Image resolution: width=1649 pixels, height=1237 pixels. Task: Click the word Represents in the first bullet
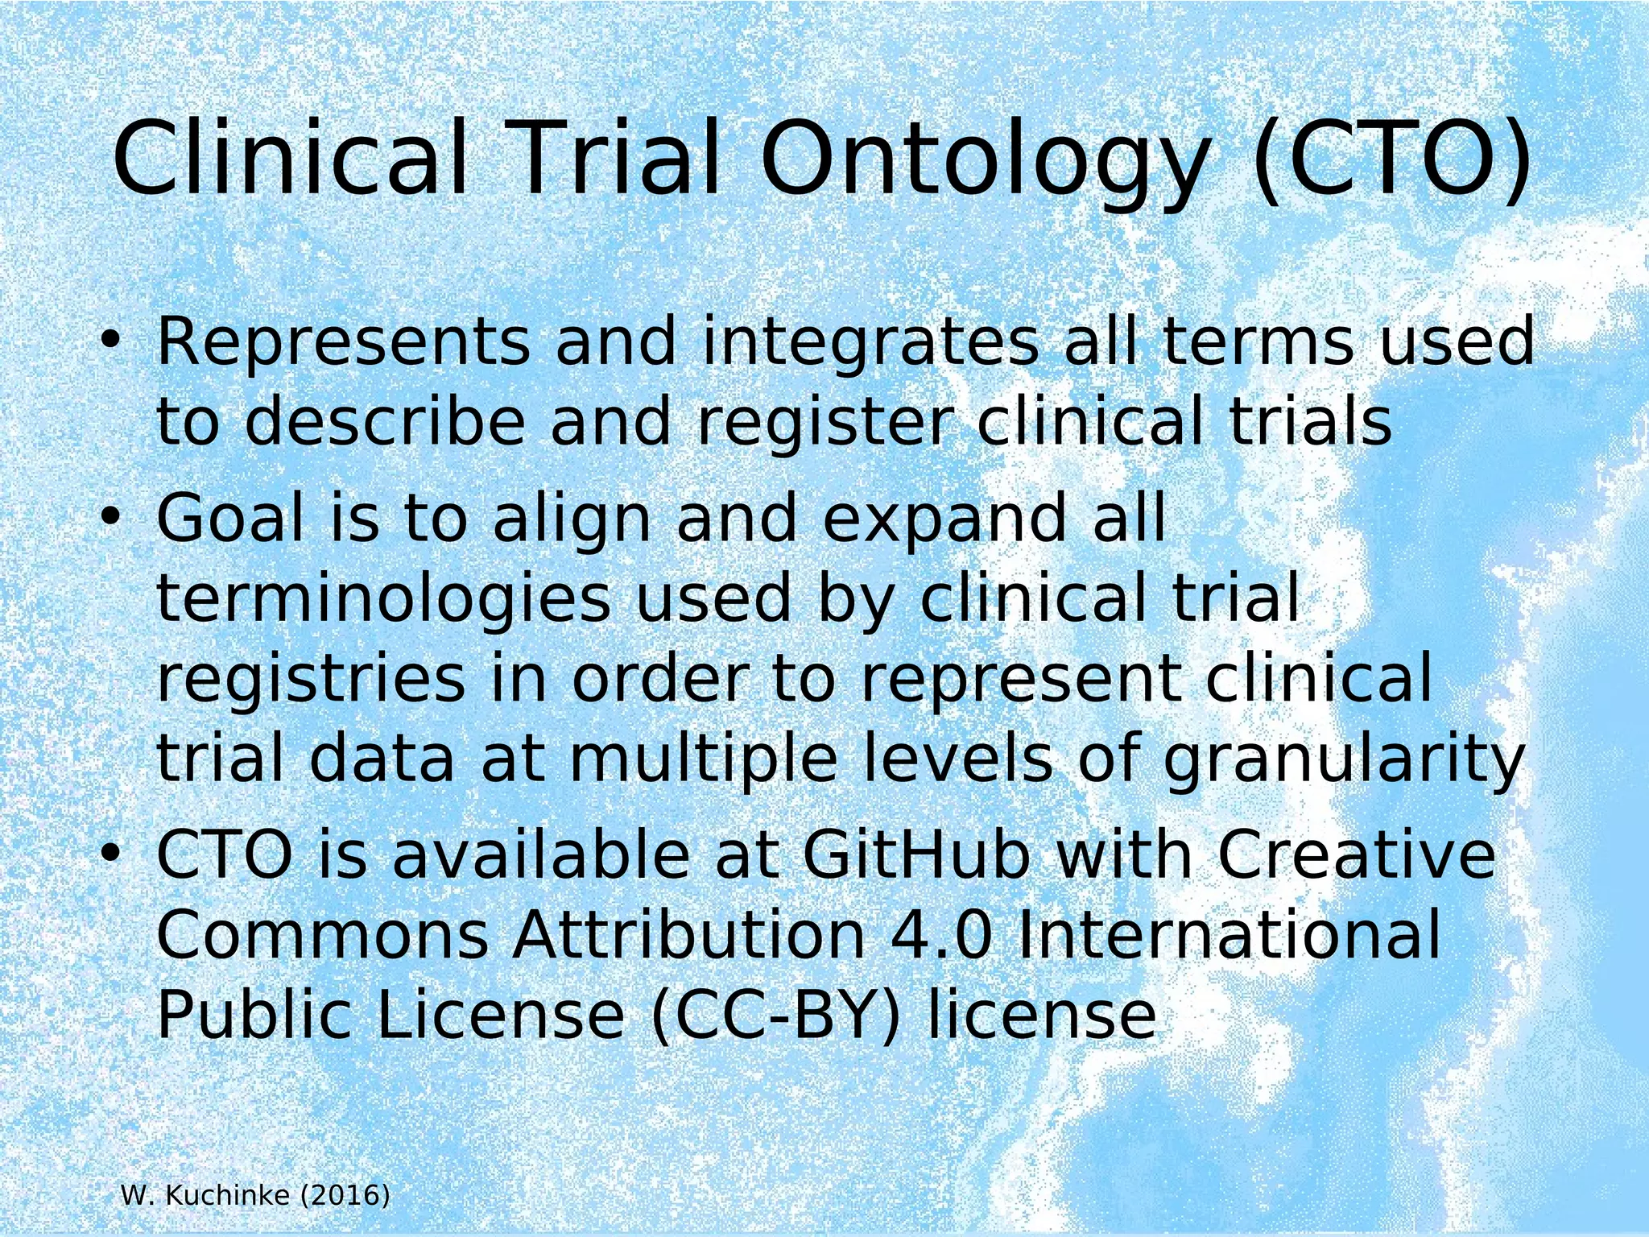pyautogui.click(x=343, y=341)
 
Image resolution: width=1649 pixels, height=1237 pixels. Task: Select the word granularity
pyautogui.click(x=1344, y=761)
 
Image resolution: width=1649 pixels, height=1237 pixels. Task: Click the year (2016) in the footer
pyautogui.click(x=345, y=1196)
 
